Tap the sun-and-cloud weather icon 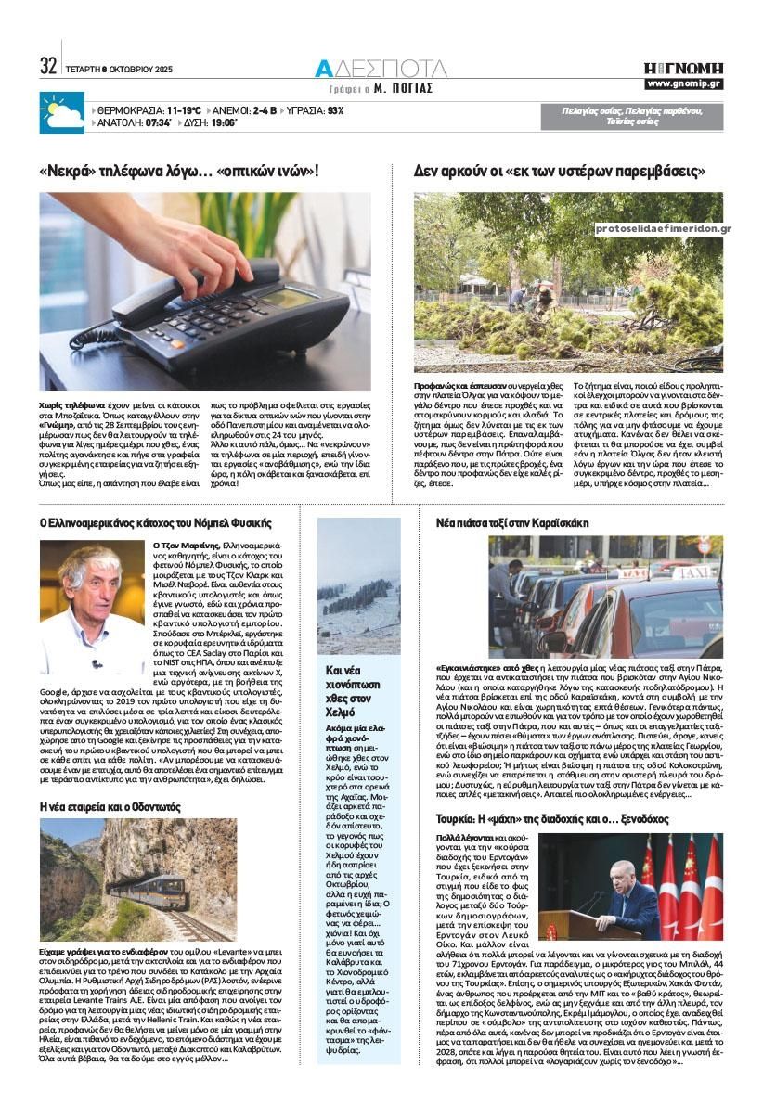coord(61,112)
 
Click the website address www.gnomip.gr coord(683,84)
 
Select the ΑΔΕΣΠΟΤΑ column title coord(381,68)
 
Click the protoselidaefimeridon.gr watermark coord(663,228)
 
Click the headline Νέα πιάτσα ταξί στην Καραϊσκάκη coord(512,523)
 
